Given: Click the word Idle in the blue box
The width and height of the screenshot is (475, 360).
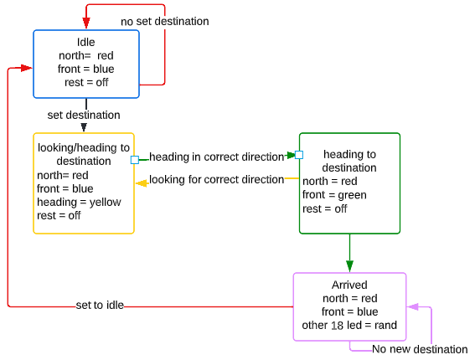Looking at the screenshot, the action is (x=86, y=42).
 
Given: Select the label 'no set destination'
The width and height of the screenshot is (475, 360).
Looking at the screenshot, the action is (x=165, y=22).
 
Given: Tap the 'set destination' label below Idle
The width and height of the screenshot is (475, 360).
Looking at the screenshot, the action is (x=84, y=115).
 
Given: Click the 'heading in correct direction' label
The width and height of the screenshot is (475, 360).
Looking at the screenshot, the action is (x=217, y=157).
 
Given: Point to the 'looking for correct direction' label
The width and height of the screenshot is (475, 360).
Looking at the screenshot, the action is (x=217, y=179).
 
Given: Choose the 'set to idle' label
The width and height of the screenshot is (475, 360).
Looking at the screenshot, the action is (x=100, y=305).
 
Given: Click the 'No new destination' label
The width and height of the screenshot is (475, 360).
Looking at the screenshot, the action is (x=420, y=349).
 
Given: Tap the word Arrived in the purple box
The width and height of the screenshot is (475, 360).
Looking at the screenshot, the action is (x=349, y=285).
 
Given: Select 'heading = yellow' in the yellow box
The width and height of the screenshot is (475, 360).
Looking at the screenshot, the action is (x=79, y=202).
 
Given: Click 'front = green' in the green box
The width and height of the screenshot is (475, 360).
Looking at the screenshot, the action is (x=334, y=195).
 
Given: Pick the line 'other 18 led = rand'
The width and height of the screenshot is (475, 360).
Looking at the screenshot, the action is (x=349, y=325).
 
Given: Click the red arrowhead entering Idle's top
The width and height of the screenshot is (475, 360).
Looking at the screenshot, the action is (x=86, y=23).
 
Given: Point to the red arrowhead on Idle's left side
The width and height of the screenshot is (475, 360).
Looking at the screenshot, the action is (x=26, y=68).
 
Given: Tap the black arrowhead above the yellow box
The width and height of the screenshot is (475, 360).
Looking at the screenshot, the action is (x=84, y=127).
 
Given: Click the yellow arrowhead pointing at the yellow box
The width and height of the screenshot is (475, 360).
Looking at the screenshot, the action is (x=142, y=183).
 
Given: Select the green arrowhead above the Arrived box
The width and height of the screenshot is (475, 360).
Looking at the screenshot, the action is (x=349, y=266).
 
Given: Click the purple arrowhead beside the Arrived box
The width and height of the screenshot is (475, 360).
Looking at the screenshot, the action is (x=413, y=307).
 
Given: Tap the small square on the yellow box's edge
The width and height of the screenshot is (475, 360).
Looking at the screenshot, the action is (x=135, y=160).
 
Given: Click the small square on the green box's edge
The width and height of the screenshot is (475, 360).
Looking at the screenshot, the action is (x=299, y=155).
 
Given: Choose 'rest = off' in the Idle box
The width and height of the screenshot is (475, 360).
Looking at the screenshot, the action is (x=86, y=82).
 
